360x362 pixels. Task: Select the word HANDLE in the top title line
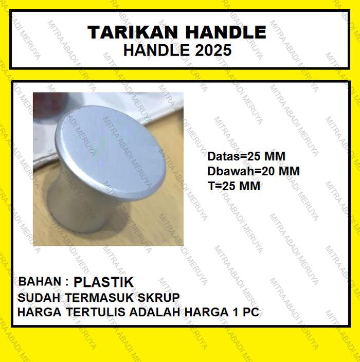pyautogui.click(x=224, y=32)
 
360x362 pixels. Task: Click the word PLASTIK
pyautogui.click(x=103, y=282)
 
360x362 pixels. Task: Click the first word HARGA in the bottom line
pyautogui.click(x=38, y=312)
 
